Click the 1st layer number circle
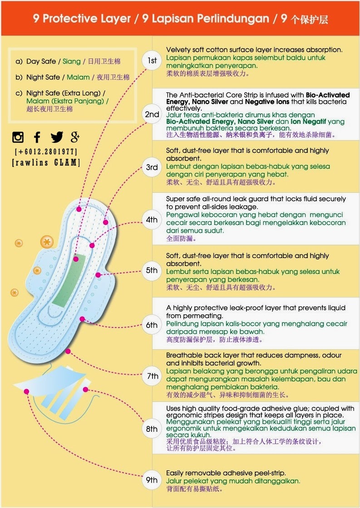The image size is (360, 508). point(152,61)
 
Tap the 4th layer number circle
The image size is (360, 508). point(152,220)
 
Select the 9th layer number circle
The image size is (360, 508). point(152,480)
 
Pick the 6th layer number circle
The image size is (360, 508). point(152,325)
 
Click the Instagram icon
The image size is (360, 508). point(18,137)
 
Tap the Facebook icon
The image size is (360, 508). point(37,137)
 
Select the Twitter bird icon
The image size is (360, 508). point(57,137)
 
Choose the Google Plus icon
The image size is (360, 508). point(75,137)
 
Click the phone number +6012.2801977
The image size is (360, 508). point(46,151)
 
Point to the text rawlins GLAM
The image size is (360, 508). point(46,162)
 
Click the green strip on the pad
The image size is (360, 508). point(69,281)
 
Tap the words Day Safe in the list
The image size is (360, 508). point(41,61)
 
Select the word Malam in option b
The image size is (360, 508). point(78,77)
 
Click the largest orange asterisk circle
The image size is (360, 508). point(47,242)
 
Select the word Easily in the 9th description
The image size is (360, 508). point(176,473)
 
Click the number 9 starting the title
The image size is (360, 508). point(36,18)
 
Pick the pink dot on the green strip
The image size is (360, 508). point(75,259)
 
